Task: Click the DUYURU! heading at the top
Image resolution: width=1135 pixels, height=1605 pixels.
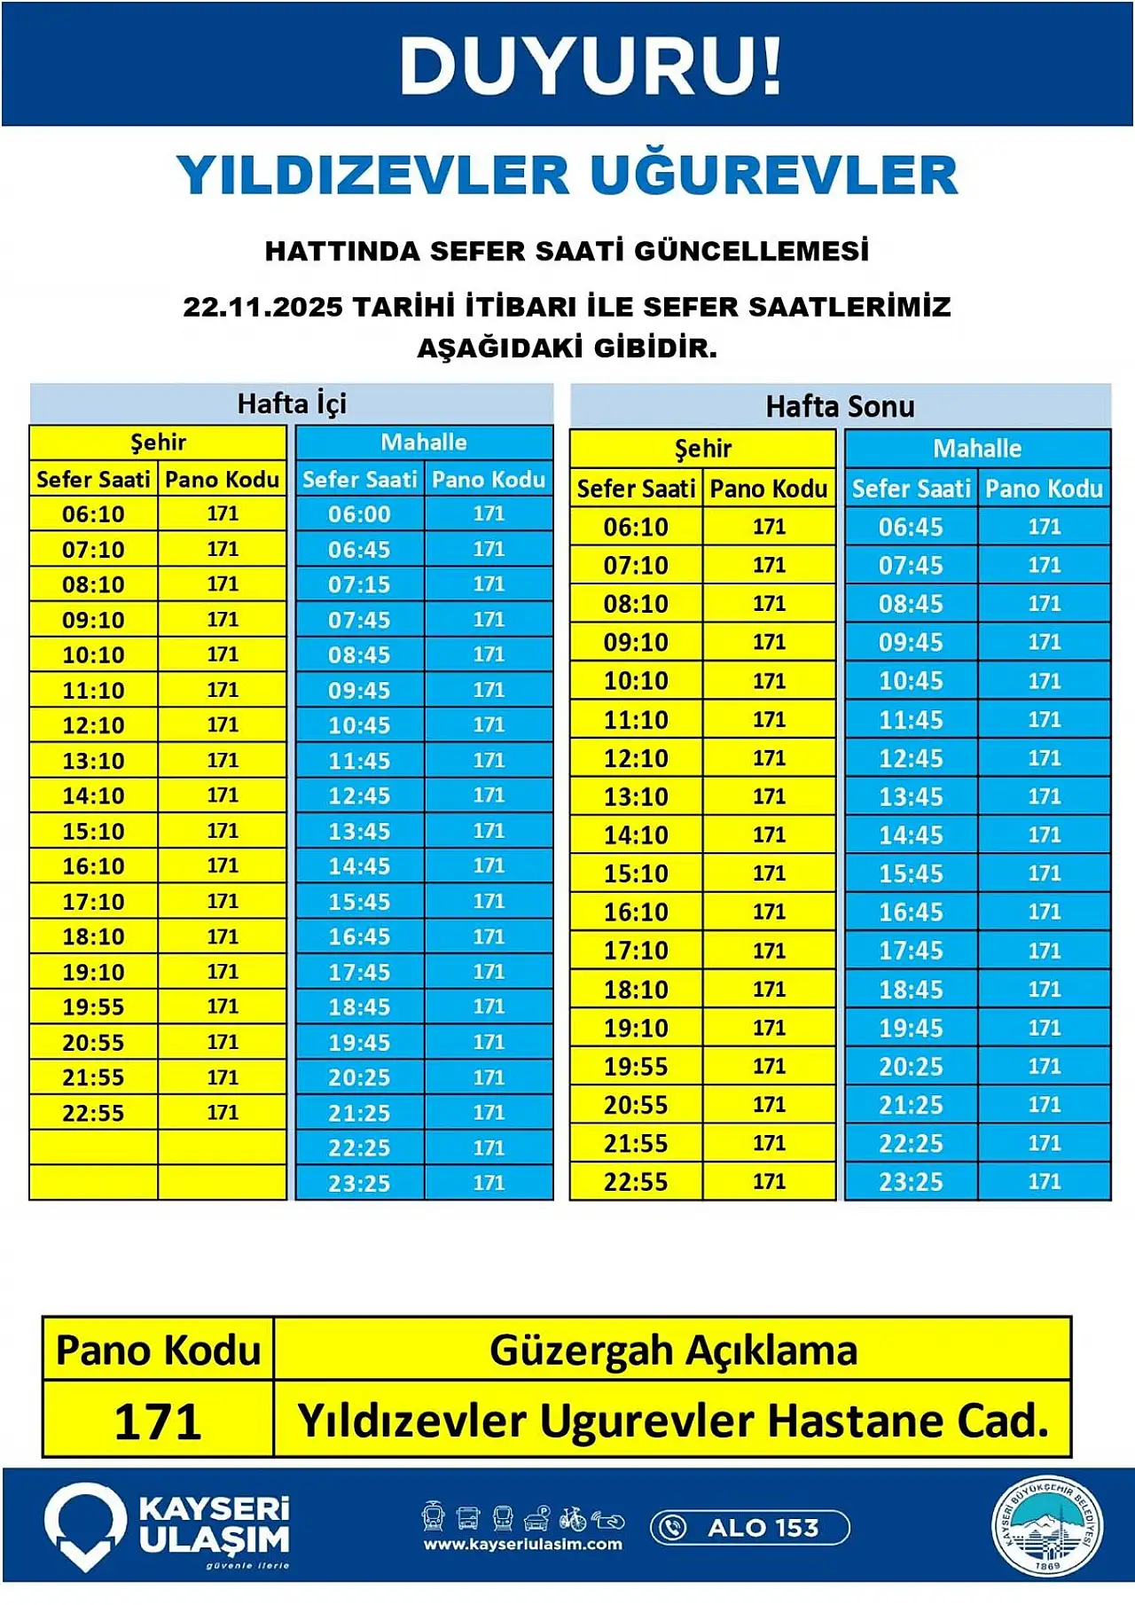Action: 591,66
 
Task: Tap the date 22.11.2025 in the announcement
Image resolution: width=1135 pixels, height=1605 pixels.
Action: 262,307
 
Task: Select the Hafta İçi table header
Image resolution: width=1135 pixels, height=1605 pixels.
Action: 292,404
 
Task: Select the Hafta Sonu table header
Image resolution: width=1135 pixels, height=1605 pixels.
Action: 840,407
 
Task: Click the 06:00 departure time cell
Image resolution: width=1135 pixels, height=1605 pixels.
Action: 359,514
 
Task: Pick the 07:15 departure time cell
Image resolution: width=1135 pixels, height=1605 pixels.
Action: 359,585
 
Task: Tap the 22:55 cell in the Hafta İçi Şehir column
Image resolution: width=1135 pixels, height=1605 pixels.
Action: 93,1113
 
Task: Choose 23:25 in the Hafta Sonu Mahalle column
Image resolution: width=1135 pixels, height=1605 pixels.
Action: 911,1182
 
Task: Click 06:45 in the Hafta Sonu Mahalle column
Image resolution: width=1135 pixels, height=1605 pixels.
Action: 911,527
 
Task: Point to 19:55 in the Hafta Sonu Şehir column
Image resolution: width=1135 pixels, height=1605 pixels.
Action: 636,1067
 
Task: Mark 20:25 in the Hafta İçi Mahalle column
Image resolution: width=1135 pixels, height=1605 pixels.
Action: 359,1077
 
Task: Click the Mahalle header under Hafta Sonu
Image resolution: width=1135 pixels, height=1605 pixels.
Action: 977,449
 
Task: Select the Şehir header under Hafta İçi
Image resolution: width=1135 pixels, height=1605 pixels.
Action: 158,442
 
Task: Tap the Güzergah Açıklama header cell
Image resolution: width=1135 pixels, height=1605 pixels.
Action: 673,1351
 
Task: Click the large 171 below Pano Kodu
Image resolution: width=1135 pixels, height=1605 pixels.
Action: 158,1421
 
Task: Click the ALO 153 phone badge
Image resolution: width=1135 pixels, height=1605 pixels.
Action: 750,1528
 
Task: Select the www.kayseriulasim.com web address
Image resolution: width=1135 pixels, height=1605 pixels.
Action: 522,1545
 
